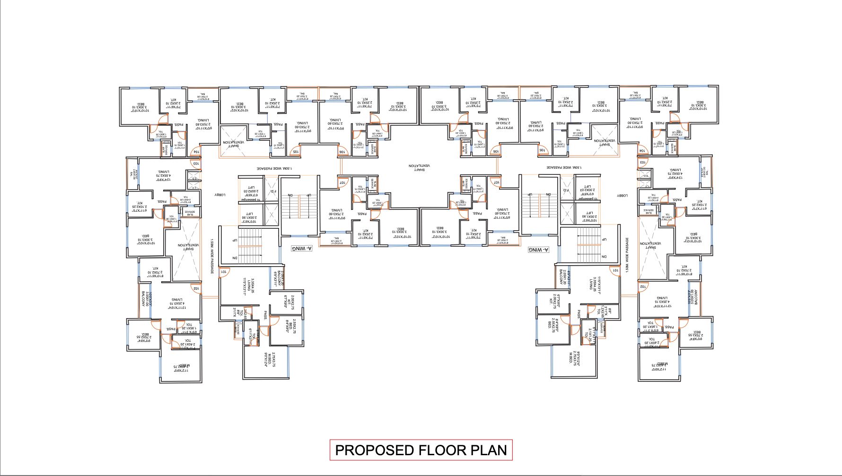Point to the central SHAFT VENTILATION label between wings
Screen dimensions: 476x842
coord(419,167)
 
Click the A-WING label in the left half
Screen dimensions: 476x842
coord(302,248)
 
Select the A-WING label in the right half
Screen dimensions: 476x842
coord(538,250)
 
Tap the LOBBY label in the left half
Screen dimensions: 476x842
coord(220,195)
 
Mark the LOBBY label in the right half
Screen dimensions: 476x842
coord(623,195)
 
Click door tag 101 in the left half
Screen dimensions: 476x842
coord(224,272)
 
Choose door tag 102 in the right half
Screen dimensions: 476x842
coord(643,286)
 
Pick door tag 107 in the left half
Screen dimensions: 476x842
coord(342,182)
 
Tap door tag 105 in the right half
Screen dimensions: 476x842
coord(542,150)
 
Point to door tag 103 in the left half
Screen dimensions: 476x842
coord(195,164)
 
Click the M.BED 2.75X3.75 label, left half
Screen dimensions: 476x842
coord(270,358)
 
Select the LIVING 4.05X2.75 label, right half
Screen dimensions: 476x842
coord(675,173)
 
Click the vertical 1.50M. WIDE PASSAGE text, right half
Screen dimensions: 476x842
coord(627,255)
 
